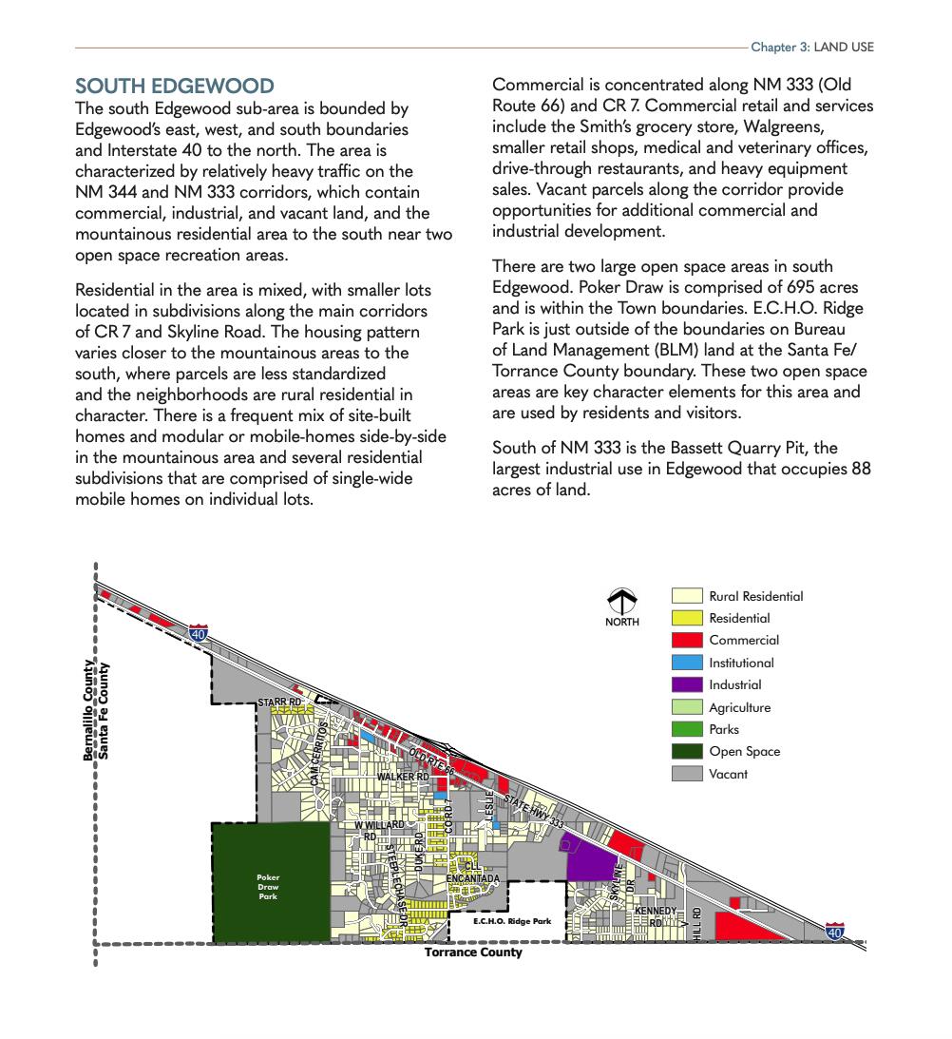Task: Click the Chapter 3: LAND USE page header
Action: coord(812,47)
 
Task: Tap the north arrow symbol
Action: coord(622,603)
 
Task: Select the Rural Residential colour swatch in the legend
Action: coord(687,596)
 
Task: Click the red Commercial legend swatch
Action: coord(687,641)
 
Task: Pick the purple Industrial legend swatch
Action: coord(687,684)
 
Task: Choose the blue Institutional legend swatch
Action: coord(687,663)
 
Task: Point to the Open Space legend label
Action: coord(744,751)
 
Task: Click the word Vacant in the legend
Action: coord(728,774)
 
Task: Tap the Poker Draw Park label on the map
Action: coord(268,886)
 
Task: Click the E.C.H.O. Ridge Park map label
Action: coord(512,921)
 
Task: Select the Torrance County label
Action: coord(473,952)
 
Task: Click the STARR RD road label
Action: coord(279,702)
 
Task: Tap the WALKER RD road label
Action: coord(403,777)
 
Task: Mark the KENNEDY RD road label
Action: coord(656,915)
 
